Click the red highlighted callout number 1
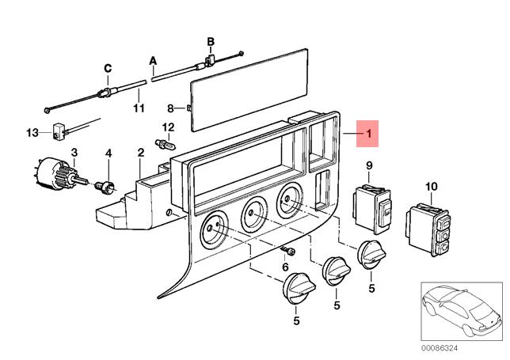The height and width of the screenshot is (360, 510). (368, 133)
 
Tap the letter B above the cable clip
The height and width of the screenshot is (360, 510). (211, 42)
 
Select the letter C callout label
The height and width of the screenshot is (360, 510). (108, 68)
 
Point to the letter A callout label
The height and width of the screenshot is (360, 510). (153, 61)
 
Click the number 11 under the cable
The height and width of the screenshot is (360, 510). (139, 108)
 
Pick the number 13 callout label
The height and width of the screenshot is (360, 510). (32, 133)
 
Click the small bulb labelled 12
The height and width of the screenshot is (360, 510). (166, 145)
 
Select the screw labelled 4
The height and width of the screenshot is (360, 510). (105, 188)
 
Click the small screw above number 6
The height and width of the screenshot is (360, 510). (287, 251)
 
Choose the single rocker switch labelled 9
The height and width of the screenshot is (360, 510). (372, 209)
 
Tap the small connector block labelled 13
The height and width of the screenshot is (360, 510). (58, 131)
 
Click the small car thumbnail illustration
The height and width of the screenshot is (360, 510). (462, 311)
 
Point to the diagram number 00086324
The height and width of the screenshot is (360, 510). (440, 348)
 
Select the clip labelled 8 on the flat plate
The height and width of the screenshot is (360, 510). (189, 108)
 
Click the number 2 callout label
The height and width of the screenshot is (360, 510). (140, 153)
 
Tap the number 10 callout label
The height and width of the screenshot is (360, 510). (432, 187)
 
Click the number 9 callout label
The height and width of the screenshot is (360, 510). (369, 165)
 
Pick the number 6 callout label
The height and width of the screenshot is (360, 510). (285, 267)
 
